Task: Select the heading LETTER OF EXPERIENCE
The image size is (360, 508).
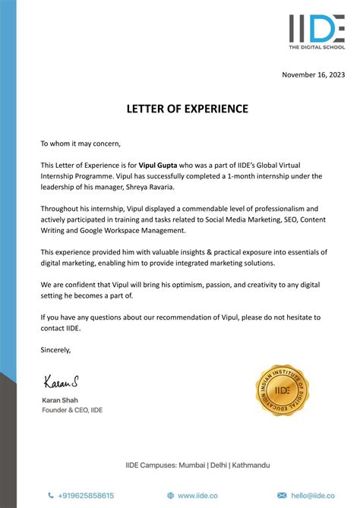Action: (187, 109)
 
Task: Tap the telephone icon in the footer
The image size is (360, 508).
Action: (51, 495)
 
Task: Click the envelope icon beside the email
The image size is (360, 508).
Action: (282, 495)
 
